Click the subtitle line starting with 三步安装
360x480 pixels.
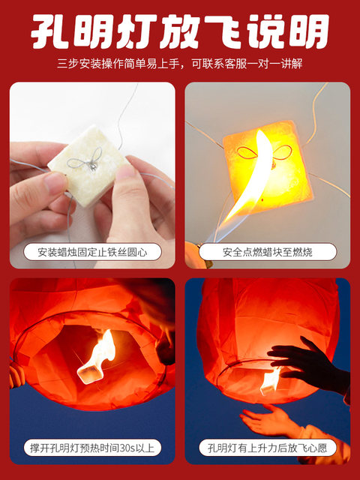[180, 64]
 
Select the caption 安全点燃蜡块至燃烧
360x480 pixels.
[268, 252]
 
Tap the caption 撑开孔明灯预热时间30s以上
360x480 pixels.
[92, 448]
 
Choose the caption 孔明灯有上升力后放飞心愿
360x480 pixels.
[268, 448]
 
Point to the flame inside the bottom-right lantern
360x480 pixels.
[271, 377]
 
